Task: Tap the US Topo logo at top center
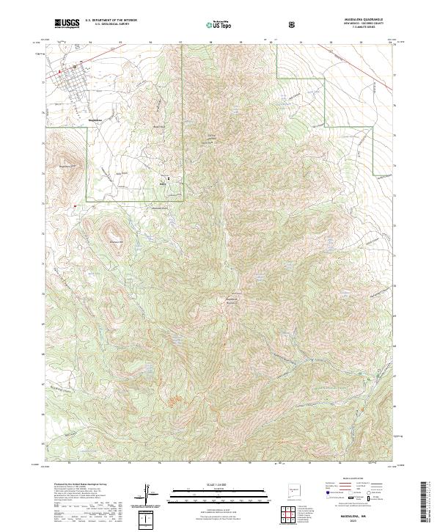[x=220, y=24]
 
